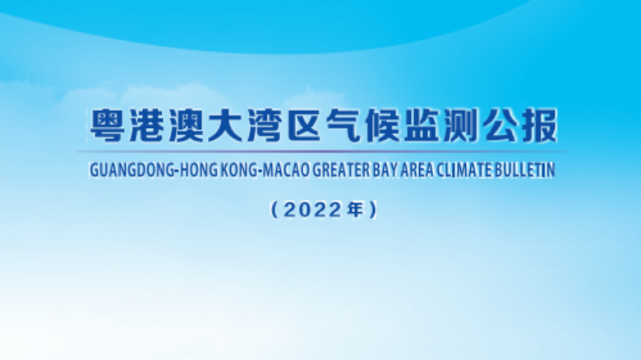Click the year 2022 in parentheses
click(x=312, y=210)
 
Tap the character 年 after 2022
click(x=355, y=210)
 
